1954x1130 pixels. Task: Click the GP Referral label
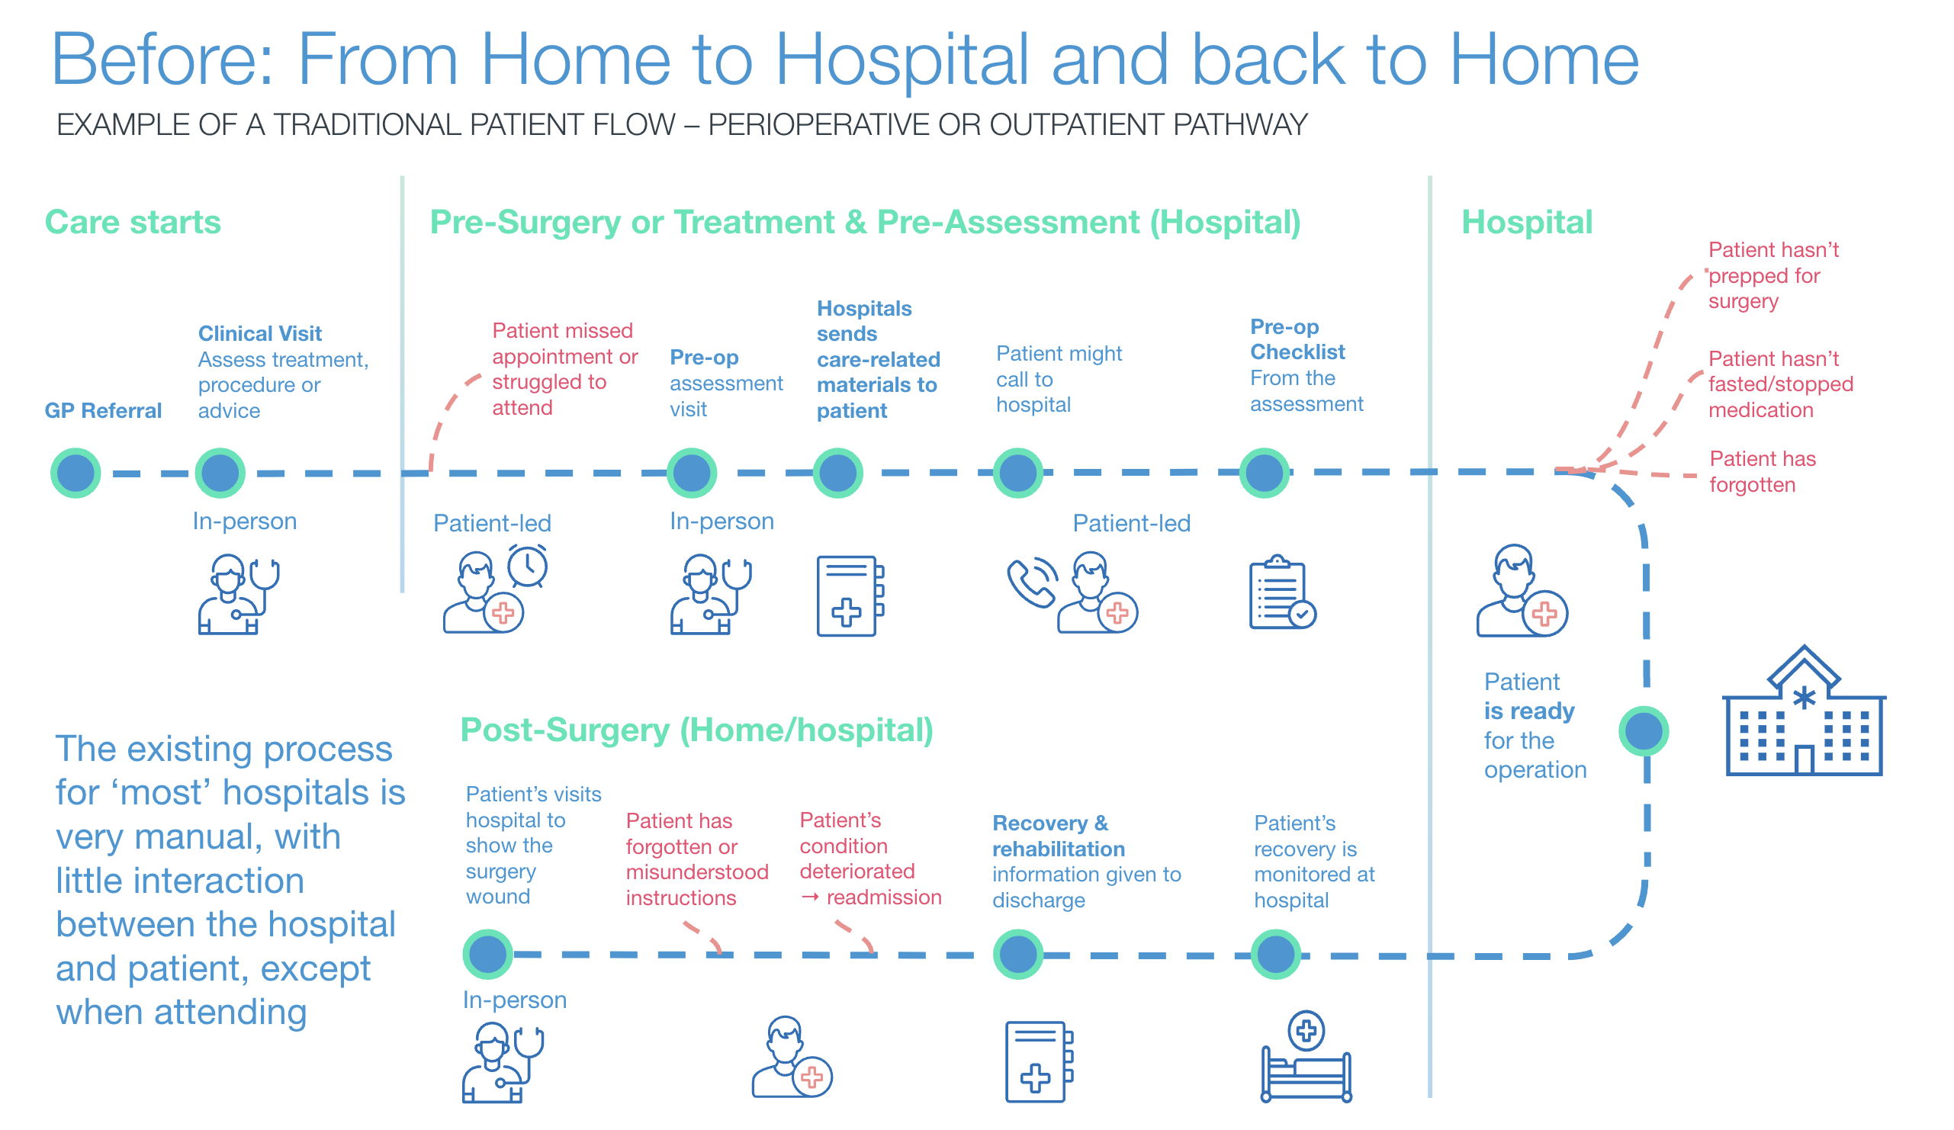click(x=103, y=411)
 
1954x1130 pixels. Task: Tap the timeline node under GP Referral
click(x=76, y=473)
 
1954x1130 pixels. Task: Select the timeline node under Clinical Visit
click(x=220, y=473)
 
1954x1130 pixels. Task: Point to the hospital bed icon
click(x=1306, y=1058)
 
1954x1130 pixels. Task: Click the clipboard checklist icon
click(x=1281, y=593)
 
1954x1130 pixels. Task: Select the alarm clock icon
click(x=528, y=566)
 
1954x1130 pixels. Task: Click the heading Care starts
click(x=133, y=223)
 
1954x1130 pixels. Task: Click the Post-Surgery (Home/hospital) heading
click(x=696, y=730)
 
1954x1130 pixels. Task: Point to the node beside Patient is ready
click(x=1643, y=731)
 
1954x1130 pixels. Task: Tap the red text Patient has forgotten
click(x=1762, y=472)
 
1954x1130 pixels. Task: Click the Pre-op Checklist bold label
click(x=1297, y=339)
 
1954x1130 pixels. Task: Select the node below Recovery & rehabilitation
click(x=1018, y=954)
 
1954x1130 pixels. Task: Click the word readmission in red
click(x=883, y=897)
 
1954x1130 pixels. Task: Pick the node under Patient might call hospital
click(x=1018, y=473)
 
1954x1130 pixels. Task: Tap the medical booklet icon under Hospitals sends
click(x=850, y=596)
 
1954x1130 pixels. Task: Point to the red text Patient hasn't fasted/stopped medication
click(x=1779, y=384)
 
